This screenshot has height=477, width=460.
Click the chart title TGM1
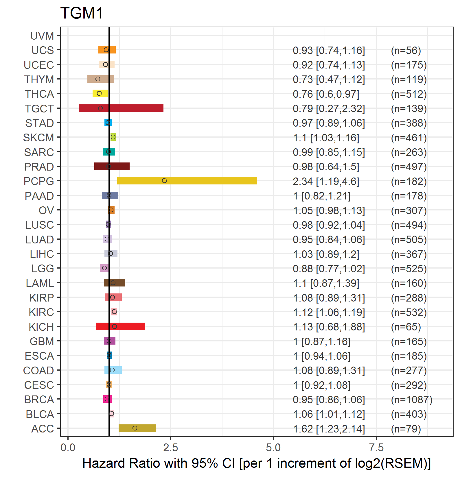[82, 13]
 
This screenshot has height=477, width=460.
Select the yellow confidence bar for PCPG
[187, 181]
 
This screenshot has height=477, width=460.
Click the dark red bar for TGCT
[121, 108]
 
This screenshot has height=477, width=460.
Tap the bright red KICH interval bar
[121, 326]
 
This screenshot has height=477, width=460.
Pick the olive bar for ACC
[137, 428]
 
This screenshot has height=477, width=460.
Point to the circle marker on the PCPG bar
[164, 181]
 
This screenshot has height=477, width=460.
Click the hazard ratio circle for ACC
[135, 428]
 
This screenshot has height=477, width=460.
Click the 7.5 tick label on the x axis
[376, 448]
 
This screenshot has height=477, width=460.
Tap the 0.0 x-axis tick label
[68, 448]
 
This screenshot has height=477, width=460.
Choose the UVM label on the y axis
[42, 36]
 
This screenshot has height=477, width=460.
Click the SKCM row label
[39, 138]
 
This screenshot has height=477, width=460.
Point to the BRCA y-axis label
[39, 400]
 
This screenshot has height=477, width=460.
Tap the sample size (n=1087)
[412, 400]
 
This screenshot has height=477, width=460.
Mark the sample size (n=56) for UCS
[406, 51]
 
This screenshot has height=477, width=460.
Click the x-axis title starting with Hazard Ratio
[257, 463]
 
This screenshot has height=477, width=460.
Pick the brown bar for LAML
[115, 283]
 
